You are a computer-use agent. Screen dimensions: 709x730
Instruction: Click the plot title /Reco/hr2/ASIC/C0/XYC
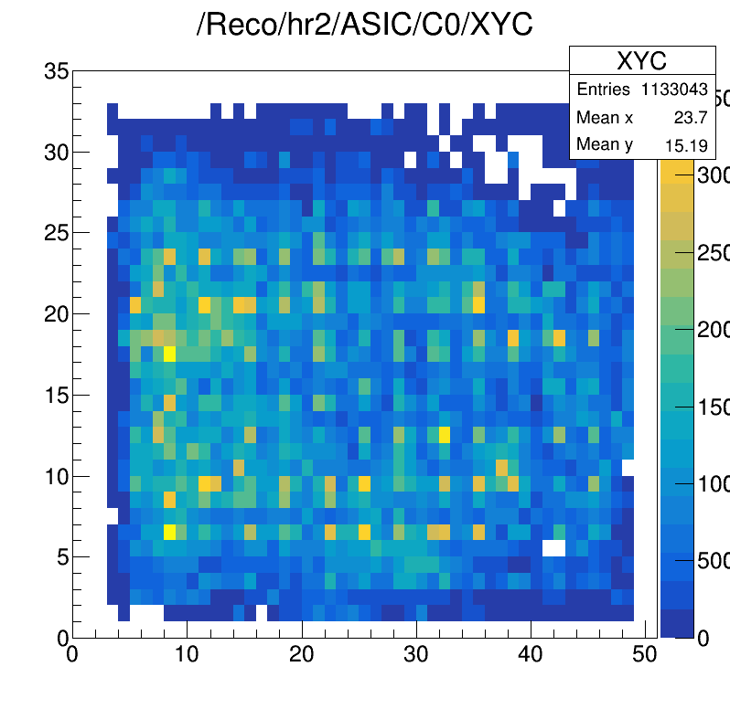(x=364, y=25)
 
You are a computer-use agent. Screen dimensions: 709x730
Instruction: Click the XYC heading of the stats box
(x=641, y=61)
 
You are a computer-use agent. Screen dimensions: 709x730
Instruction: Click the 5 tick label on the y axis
(x=61, y=556)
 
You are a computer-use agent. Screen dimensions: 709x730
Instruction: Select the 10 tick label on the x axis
(x=187, y=654)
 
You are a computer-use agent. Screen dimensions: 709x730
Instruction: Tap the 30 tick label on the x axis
(x=416, y=654)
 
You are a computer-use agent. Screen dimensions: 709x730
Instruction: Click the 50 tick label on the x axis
(x=645, y=654)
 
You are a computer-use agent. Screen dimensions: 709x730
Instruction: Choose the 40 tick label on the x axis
(x=531, y=654)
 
